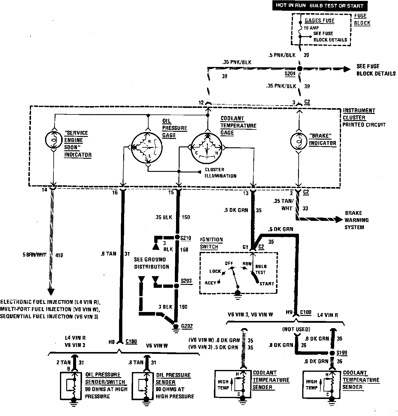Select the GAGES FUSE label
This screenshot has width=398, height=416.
pyautogui.click(x=319, y=21)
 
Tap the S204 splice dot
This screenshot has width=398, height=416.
pyautogui.click(x=300, y=68)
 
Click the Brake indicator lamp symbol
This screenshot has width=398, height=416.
pyautogui.click(x=299, y=141)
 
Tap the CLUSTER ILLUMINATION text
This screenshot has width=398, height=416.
pyautogui.click(x=220, y=173)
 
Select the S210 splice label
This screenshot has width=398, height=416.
pyautogui.click(x=186, y=238)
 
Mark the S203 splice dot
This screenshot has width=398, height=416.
pyautogui.click(x=176, y=286)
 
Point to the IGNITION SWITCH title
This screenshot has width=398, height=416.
pyautogui.click(x=211, y=243)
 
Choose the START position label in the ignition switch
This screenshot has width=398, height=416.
pyautogui.click(x=266, y=284)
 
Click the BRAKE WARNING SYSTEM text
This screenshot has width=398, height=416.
pyautogui.click(x=357, y=220)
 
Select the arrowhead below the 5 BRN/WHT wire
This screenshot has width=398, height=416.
pyautogui.click(x=51, y=291)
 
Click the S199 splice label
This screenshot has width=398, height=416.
pyautogui.click(x=342, y=353)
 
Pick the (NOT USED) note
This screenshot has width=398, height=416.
pyautogui.click(x=296, y=329)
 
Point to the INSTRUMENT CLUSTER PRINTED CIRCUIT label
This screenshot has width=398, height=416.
pyautogui.click(x=364, y=117)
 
